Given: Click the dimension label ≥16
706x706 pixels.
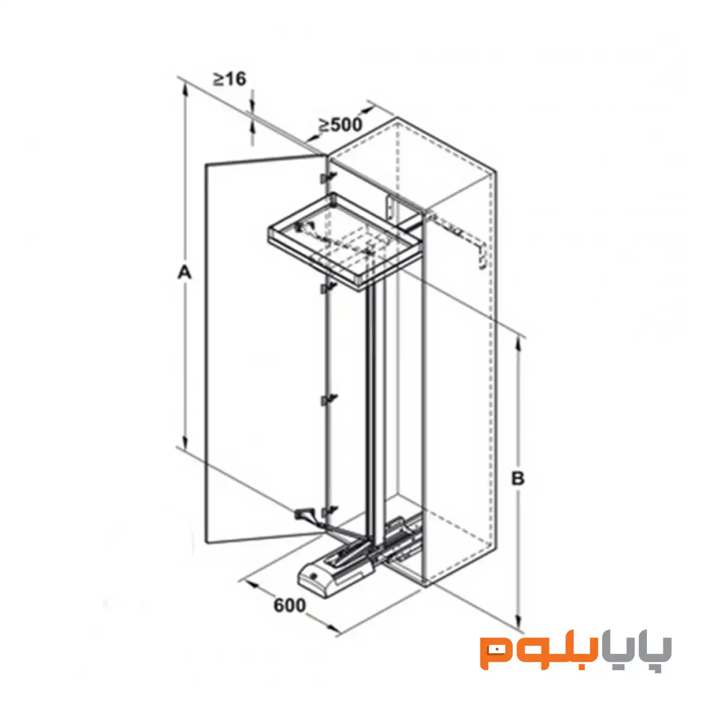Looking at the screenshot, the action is pyautogui.click(x=230, y=79).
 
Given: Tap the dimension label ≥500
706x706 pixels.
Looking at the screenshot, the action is pyautogui.click(x=340, y=125).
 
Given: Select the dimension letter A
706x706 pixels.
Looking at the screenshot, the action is pyautogui.click(x=184, y=273).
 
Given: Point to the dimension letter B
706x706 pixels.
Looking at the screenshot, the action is pyautogui.click(x=518, y=478).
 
